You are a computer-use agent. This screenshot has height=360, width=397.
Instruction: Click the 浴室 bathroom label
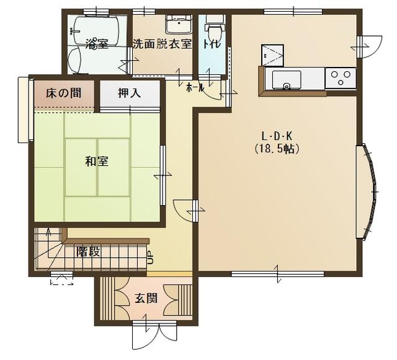coord(97,44)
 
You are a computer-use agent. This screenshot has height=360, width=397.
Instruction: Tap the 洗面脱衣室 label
coord(163,44)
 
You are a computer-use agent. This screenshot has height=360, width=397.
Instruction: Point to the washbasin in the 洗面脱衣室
coord(179,24)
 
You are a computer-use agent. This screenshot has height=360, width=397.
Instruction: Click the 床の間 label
coord(63,93)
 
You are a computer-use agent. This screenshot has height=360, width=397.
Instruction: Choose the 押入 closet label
coord(129,93)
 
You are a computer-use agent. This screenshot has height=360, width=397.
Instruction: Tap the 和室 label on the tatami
coord(97,161)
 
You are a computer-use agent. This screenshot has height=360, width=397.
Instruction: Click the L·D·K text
coord(277,137)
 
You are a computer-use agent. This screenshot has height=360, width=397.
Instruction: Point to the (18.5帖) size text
coord(277,149)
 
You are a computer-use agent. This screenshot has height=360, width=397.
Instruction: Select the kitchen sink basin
coord(287,80)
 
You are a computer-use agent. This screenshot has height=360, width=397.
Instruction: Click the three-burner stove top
coord(341,78)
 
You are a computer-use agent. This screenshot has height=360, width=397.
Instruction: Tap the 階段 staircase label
coord(89,252)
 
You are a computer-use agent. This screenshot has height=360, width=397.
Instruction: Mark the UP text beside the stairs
coord(150,258)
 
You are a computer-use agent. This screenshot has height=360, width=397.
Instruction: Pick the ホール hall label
coord(195,87)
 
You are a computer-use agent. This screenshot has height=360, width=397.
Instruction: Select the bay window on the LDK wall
coord(367,191)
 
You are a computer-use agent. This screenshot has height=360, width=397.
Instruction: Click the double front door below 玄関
coord(154,336)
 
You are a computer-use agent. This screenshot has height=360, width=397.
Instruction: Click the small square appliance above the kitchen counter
coord(272,55)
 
